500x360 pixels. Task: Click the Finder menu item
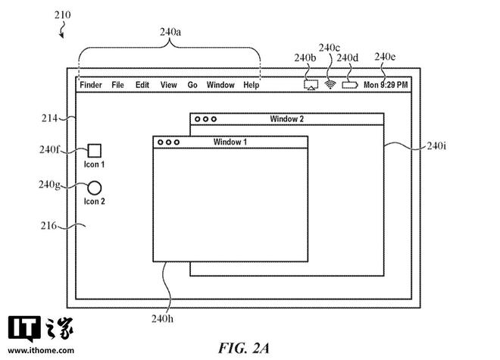pyautogui.click(x=91, y=85)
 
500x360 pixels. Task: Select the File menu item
pyautogui.click(x=117, y=85)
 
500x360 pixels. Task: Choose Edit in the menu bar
pyautogui.click(x=142, y=85)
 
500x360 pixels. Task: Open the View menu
pyautogui.click(x=168, y=85)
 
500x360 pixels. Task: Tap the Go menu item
pyautogui.click(x=192, y=85)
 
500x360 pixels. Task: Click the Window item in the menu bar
pyautogui.click(x=220, y=85)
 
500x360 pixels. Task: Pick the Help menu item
pyautogui.click(x=251, y=85)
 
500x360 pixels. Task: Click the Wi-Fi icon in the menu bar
pyautogui.click(x=330, y=84)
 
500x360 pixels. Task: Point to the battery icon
pyautogui.click(x=349, y=85)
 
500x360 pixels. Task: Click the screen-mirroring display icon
pyautogui.click(x=310, y=85)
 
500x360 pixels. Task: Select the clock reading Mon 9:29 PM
pyautogui.click(x=386, y=85)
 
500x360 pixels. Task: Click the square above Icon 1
pyautogui.click(x=95, y=150)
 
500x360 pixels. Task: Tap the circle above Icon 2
pyautogui.click(x=95, y=187)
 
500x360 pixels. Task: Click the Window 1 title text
pyautogui.click(x=230, y=142)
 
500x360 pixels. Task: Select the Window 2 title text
pyautogui.click(x=286, y=119)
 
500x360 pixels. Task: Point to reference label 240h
pyautogui.click(x=161, y=318)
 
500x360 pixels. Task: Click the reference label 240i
pyautogui.click(x=436, y=146)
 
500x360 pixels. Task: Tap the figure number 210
pyautogui.click(x=64, y=14)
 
